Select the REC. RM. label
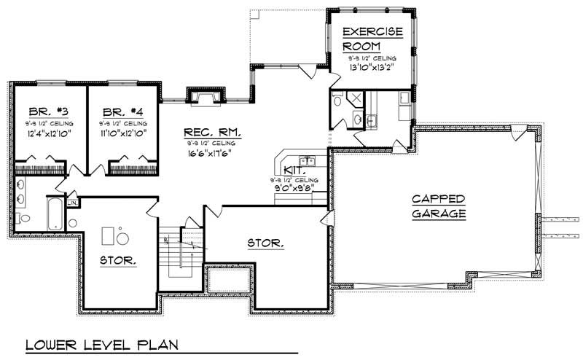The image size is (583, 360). pyautogui.click(x=211, y=133)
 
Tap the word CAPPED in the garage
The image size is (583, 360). pyautogui.click(x=438, y=198)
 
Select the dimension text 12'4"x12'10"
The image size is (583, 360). pyautogui.click(x=44, y=135)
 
